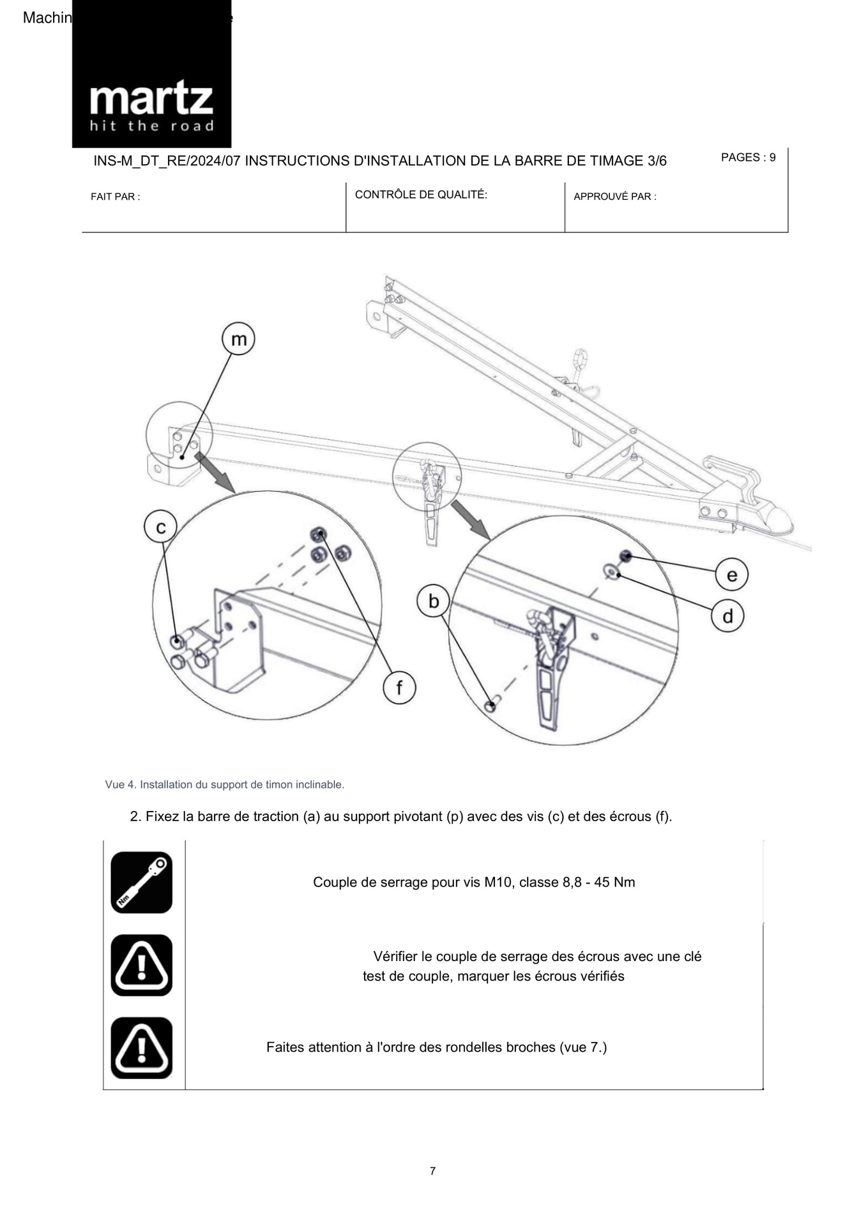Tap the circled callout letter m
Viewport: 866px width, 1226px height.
click(238, 339)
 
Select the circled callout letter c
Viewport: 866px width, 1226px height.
click(160, 527)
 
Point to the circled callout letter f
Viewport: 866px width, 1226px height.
click(399, 688)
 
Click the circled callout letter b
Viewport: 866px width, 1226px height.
click(434, 602)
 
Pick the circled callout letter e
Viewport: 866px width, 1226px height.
click(731, 575)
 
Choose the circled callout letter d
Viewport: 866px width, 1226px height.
click(727, 616)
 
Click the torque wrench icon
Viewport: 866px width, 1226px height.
click(142, 882)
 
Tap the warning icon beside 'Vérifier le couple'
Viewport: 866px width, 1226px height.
click(142, 965)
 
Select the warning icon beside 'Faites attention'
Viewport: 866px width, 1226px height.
click(142, 1048)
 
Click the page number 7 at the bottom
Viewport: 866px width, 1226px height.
click(432, 1171)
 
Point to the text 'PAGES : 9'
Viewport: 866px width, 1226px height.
click(748, 158)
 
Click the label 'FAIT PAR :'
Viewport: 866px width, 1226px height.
click(116, 197)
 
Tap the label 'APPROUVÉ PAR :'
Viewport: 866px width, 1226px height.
click(614, 197)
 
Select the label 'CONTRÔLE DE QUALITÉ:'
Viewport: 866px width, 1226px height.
click(421, 195)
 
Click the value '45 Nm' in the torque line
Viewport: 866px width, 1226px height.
click(614, 882)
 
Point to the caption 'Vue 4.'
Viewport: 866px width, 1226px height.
click(120, 785)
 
